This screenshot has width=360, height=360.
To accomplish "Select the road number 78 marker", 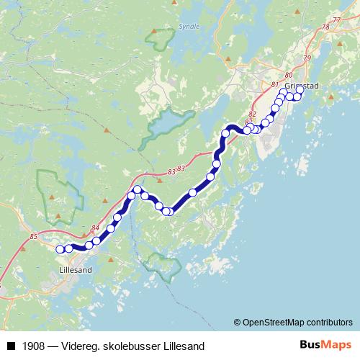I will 325,27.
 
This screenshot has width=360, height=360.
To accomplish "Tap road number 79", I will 307,58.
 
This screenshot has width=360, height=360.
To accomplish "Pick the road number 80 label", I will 289,75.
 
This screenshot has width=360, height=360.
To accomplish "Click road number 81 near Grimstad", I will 274,85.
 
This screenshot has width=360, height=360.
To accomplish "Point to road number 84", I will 95,228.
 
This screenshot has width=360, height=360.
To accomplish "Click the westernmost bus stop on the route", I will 60,249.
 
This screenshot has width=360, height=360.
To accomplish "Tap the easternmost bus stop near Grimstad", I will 300,90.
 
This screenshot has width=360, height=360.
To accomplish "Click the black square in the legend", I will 11,345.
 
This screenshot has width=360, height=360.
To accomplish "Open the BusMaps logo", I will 324,344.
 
